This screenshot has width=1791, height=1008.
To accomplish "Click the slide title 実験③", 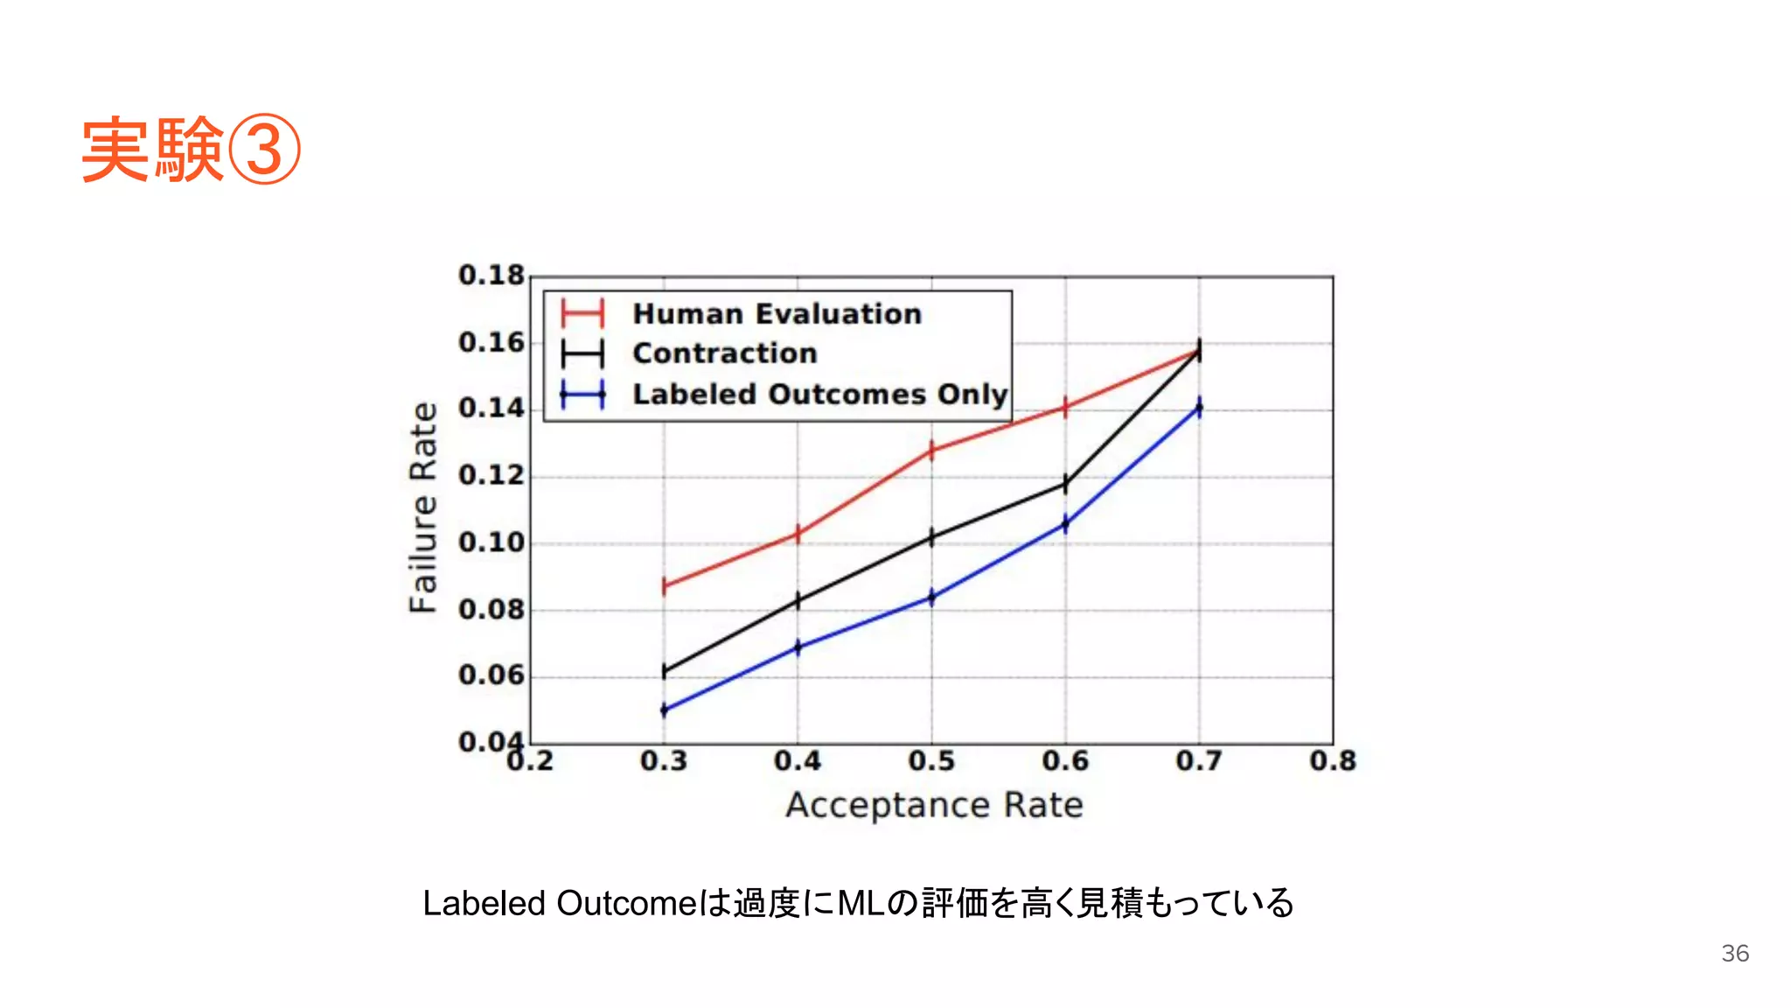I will (x=191, y=150).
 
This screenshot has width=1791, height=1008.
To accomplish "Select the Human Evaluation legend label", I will (x=777, y=313).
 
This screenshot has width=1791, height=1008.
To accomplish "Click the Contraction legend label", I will (x=724, y=353).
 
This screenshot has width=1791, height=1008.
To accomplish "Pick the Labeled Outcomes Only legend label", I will (x=819, y=394).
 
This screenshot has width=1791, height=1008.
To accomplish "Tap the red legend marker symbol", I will (x=582, y=313).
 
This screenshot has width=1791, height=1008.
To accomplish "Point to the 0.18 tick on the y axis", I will (x=491, y=276).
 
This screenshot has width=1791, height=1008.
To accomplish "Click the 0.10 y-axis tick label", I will (x=491, y=542).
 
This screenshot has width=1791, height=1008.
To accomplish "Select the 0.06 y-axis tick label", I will (x=491, y=675).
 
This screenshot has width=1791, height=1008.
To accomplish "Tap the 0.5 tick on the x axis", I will (x=931, y=761).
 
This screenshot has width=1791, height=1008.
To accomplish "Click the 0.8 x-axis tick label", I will (x=1333, y=761).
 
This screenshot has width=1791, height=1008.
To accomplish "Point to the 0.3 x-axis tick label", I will (x=664, y=761).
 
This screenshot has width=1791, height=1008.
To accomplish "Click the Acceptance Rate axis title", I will (x=934, y=805).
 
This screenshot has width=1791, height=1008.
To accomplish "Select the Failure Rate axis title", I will (x=423, y=507).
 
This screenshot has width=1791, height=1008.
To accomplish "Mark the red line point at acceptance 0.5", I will (x=931, y=451).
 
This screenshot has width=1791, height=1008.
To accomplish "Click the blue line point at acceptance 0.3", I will (x=664, y=710).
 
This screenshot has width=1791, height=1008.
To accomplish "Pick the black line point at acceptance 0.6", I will (x=1065, y=483).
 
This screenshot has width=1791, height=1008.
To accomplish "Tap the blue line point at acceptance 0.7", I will (x=1199, y=408).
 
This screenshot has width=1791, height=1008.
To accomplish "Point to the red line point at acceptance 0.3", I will (x=664, y=585).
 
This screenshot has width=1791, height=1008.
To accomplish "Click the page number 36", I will (x=1735, y=953).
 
